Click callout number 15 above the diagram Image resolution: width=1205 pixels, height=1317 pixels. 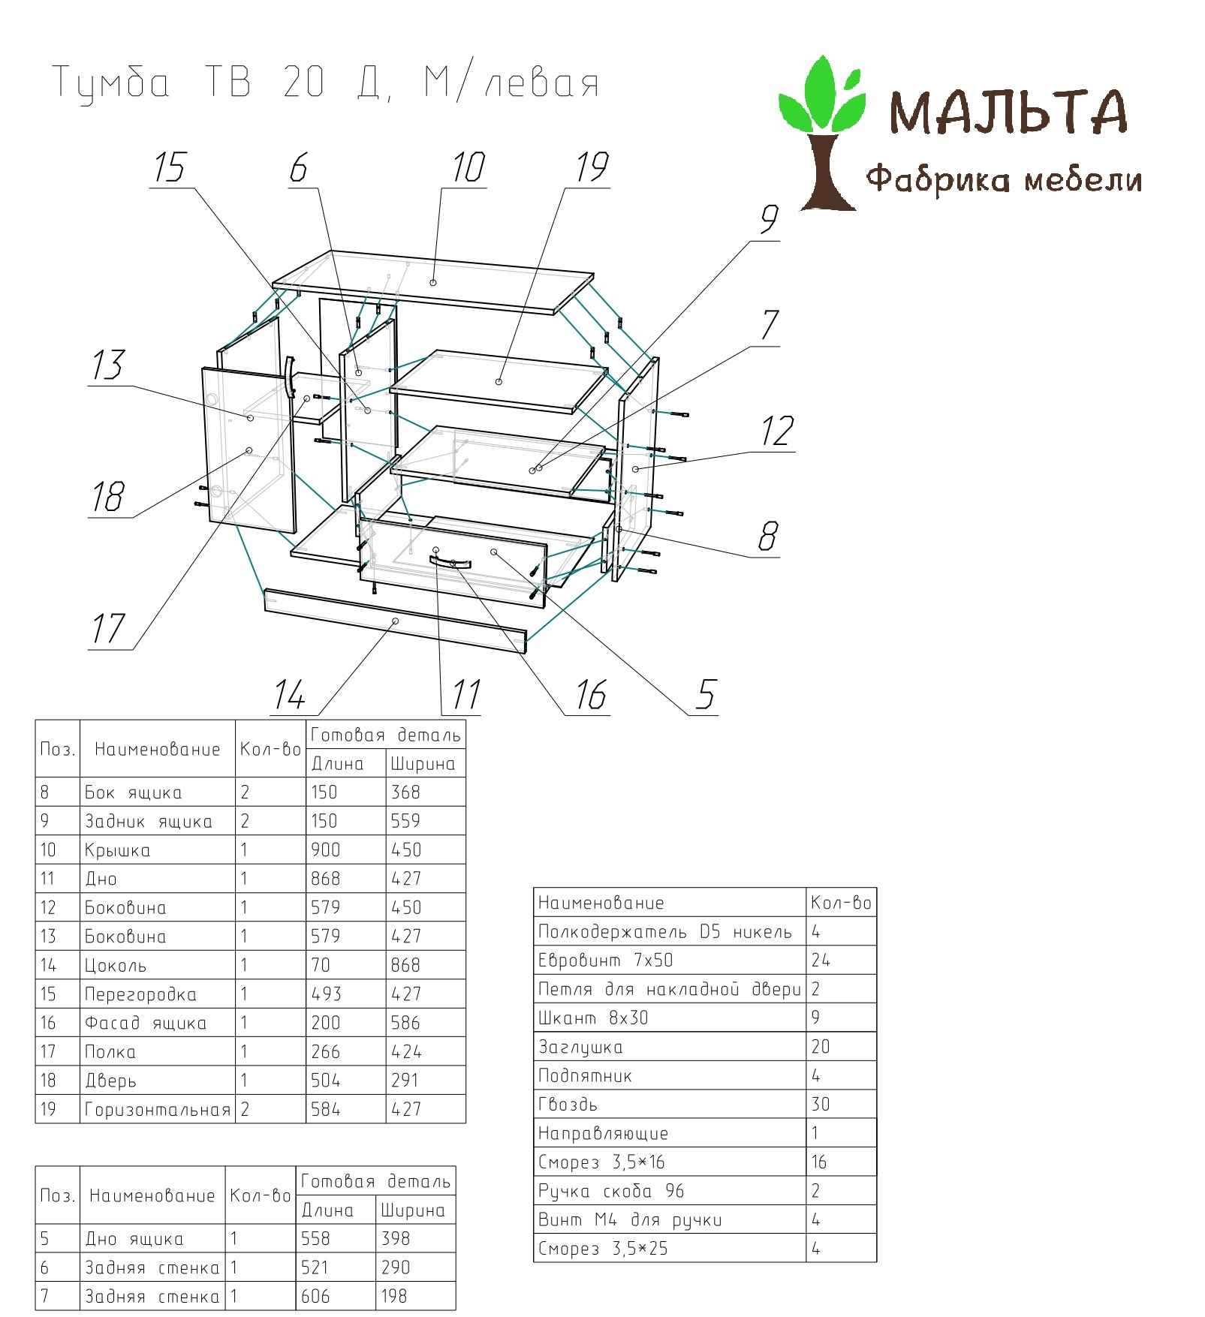coord(170,167)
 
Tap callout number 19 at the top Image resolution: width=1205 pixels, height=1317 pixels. coord(592,167)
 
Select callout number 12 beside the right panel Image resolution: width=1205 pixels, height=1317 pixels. coord(777,431)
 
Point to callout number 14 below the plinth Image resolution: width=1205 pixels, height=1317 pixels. coord(290,695)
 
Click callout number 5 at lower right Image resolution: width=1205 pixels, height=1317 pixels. coord(706,695)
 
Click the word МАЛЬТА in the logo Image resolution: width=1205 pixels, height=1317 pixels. coord(1008,112)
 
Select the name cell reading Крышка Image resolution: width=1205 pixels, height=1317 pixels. coord(117,850)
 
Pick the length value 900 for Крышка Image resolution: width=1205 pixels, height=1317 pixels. coord(325,849)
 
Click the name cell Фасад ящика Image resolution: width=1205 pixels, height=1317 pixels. coord(145,1023)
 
